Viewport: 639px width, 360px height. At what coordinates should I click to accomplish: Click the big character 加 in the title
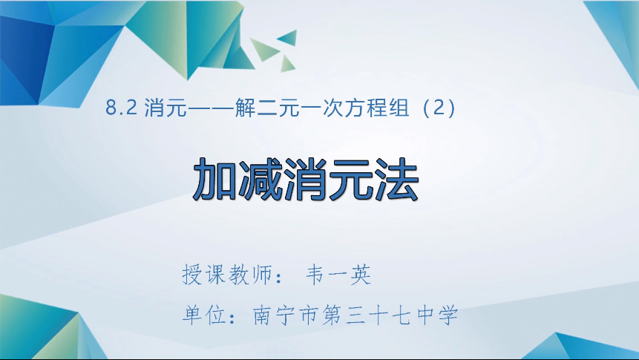tap(215, 179)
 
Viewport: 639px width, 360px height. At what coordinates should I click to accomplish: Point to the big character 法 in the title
tap(396, 179)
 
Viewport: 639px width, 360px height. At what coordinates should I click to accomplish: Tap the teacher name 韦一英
tap(338, 275)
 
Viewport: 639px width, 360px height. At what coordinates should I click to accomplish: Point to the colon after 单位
tap(234, 318)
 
